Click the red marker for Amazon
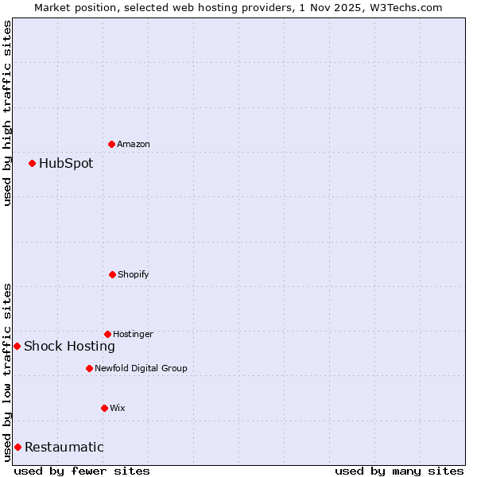tap(111, 144)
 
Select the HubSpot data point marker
tap(32, 163)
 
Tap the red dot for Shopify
tap(112, 274)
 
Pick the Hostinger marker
tap(107, 334)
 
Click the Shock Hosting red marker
tap(17, 346)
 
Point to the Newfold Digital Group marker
tap(89, 368)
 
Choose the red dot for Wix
tap(104, 408)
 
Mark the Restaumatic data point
tap(17, 447)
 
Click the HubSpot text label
tap(66, 164)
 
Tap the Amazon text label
tap(134, 144)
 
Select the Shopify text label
tap(134, 274)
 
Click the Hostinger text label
tap(133, 334)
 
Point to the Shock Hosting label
tap(69, 346)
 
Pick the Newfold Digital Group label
tap(141, 368)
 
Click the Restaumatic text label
tap(64, 447)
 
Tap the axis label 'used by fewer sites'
tap(82, 471)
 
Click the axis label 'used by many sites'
tap(399, 471)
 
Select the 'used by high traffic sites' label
tap(7, 113)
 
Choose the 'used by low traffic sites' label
tap(7, 372)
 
